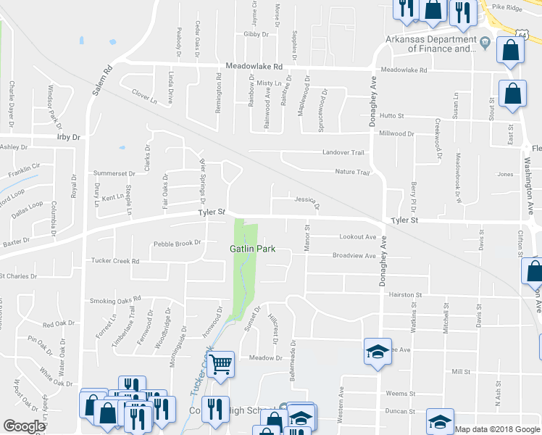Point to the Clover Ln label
point(145,94)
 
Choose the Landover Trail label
point(343,152)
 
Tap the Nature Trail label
point(352,172)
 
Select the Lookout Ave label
point(358,237)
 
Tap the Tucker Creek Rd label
point(114,260)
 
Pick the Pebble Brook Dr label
point(175,243)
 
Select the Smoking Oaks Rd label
point(114,300)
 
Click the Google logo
point(23,426)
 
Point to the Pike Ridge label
point(507,7)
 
